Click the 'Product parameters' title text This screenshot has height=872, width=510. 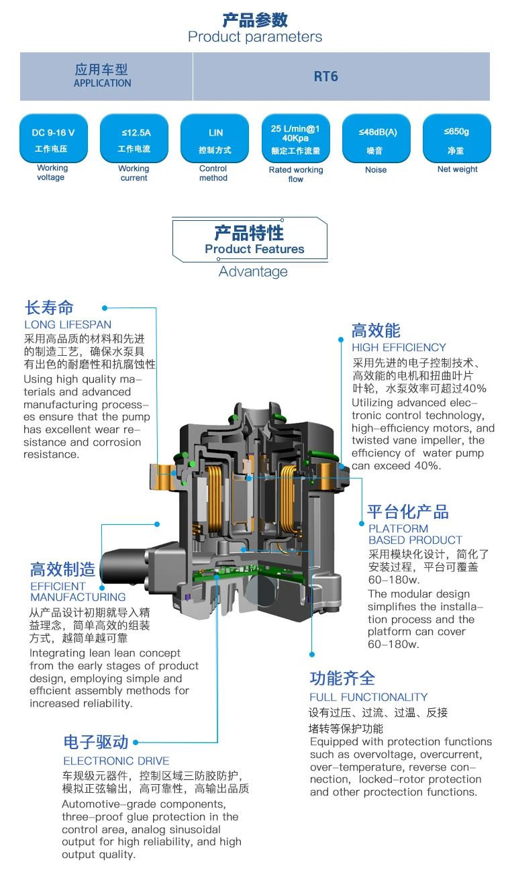tap(255, 37)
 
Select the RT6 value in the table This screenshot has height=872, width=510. tap(326, 77)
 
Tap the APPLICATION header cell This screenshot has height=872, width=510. tap(103, 77)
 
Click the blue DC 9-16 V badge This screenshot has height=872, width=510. tap(52, 139)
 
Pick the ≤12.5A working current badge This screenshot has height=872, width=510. tap(134, 139)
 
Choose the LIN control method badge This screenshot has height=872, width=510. tap(215, 139)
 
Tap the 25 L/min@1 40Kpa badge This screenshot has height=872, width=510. tap(295, 139)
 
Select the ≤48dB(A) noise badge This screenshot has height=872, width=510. tap(377, 139)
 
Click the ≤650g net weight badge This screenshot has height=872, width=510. tap(457, 139)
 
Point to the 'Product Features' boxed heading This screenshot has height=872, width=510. tap(254, 240)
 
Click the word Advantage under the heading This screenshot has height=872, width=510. tap(253, 272)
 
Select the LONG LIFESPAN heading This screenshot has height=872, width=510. tap(68, 325)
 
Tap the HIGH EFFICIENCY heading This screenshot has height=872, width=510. tap(399, 348)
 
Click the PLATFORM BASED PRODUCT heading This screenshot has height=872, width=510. tap(415, 534)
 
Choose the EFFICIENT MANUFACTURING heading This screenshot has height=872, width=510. tap(77, 591)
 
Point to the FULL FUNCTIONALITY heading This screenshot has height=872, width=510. tap(368, 697)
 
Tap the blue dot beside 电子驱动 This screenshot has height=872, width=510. tap(136, 742)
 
